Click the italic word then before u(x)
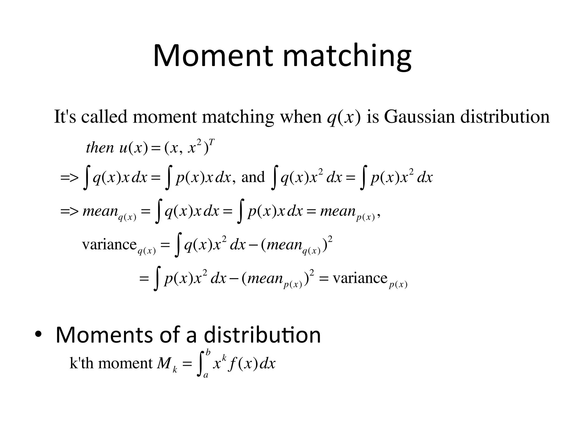click(100, 148)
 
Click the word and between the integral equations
click(253, 177)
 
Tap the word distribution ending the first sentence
click(505, 116)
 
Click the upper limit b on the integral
click(208, 352)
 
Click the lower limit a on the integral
click(205, 375)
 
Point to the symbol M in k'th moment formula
click(164, 364)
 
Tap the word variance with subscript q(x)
click(109, 244)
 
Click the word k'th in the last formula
click(82, 364)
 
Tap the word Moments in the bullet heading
click(104, 335)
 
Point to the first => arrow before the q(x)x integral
click(69, 178)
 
